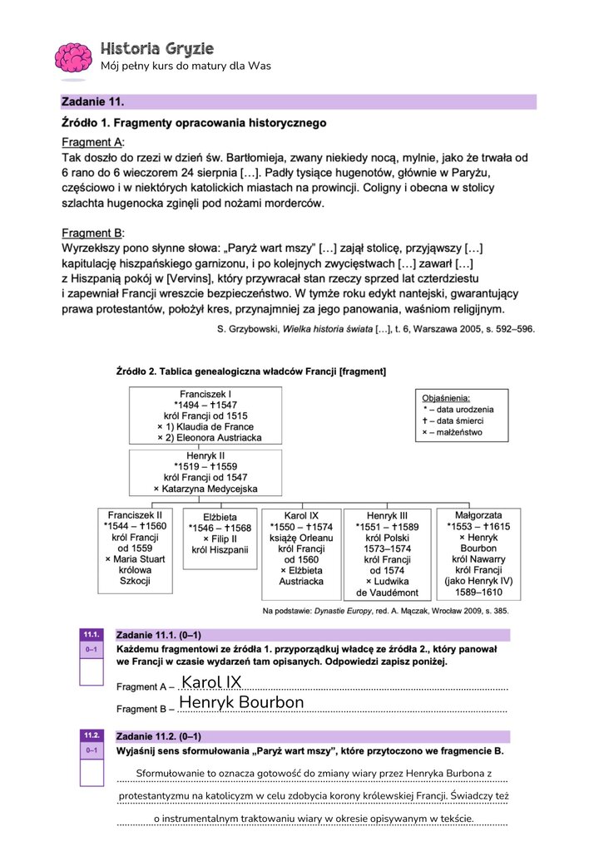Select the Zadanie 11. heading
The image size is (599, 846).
tap(93, 102)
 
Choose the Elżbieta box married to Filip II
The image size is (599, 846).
tap(220, 538)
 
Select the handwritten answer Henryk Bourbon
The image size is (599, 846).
tap(241, 703)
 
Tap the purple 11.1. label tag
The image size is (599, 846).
tap(92, 634)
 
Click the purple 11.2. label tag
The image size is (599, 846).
tap(92, 736)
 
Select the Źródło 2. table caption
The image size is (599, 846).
tap(250, 371)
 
